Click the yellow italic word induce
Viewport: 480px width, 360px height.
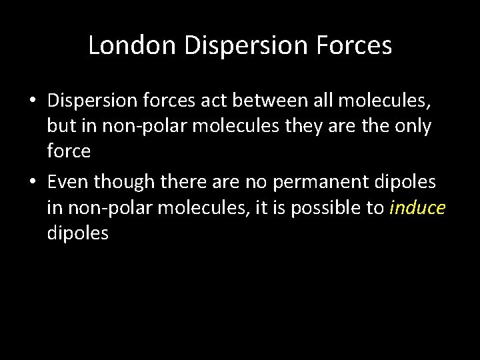click(x=417, y=208)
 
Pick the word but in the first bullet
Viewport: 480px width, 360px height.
click(x=60, y=127)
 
